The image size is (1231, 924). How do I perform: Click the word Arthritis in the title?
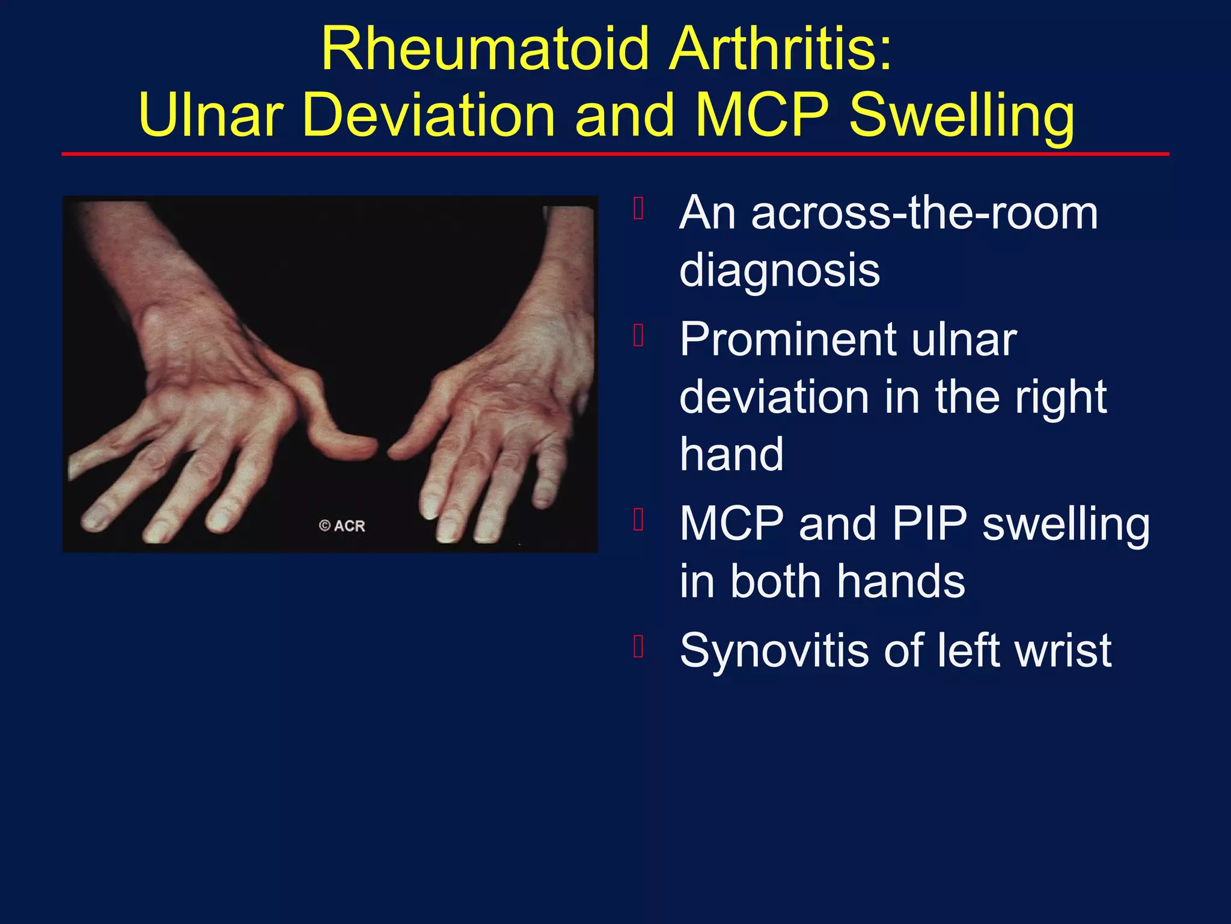point(781,49)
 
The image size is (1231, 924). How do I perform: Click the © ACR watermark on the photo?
point(342,526)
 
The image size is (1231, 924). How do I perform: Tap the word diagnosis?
point(780,271)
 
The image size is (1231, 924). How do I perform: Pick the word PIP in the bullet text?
point(929,524)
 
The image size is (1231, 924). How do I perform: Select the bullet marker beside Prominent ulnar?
point(639,335)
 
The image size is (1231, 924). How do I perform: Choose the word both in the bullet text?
point(775,582)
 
